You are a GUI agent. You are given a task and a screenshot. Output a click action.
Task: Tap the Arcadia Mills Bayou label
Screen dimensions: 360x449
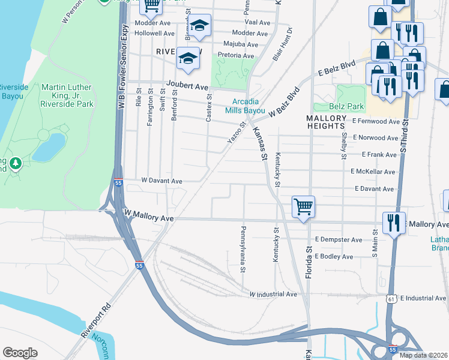(x=245, y=106)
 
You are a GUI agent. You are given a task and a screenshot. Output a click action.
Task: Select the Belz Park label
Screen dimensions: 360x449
(x=347, y=106)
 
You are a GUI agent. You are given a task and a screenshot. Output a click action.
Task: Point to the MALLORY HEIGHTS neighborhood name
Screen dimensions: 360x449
(x=327, y=122)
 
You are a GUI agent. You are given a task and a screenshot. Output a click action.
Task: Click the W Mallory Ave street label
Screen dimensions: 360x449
(x=148, y=215)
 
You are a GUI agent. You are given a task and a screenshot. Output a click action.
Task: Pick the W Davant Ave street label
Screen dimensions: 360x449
(x=161, y=181)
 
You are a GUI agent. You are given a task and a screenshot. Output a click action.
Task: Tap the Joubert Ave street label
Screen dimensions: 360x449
(x=187, y=86)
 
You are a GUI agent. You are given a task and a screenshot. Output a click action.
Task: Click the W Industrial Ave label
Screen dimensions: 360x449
(x=273, y=294)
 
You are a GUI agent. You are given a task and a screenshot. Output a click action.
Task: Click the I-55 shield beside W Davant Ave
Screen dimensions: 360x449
(x=119, y=184)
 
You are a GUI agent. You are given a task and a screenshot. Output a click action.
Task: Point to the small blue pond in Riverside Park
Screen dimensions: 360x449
(x=49, y=148)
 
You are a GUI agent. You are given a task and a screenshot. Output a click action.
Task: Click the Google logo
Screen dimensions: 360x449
(x=20, y=352)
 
